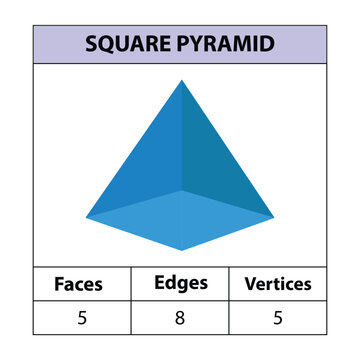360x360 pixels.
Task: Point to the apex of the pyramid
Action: point(181,80)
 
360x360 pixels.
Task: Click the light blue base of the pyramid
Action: point(180,220)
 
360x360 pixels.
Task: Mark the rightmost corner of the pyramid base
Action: point(274,215)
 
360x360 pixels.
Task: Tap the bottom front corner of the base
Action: point(181,250)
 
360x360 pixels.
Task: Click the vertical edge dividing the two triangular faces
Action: point(181,140)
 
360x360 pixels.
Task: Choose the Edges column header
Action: point(180,283)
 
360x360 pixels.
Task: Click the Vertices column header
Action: point(278,284)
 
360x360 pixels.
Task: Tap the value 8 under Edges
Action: point(180,318)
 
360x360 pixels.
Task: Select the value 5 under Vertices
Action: point(278,318)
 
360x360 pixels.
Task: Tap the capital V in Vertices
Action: point(250,284)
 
